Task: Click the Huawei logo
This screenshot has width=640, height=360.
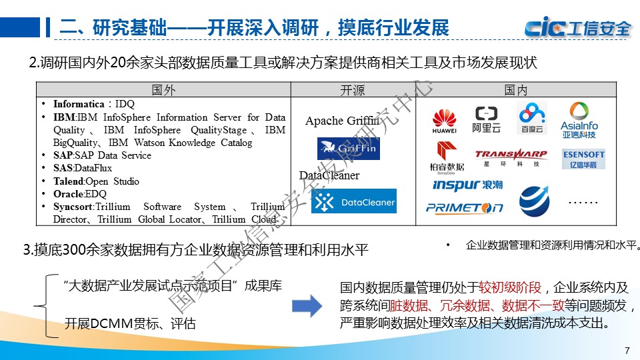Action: coord(445,119)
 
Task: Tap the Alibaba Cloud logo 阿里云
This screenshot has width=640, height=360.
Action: coord(486,119)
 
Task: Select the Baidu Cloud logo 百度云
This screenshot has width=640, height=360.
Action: coord(532,119)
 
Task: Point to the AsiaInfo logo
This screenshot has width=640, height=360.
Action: coord(579,119)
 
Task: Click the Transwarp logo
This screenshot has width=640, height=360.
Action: coord(511,157)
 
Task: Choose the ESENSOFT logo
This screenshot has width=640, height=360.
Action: coord(583,158)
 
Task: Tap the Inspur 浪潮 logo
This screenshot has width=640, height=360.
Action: coord(467,184)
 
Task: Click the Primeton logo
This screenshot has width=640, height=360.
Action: coord(465,207)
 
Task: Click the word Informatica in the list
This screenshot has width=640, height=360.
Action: coord(79,104)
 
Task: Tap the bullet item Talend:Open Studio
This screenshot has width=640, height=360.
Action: coord(96,181)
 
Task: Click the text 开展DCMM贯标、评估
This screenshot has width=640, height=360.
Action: coord(130,324)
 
